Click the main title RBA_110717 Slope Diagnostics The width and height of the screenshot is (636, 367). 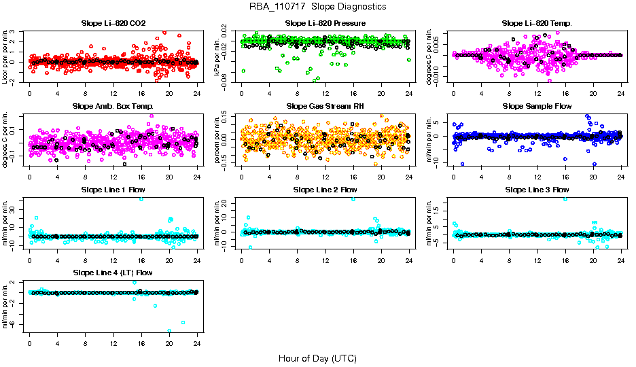tap(318, 7)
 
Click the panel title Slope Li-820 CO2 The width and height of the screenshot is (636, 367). tap(113, 23)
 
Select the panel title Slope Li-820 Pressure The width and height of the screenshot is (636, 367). tap(325, 23)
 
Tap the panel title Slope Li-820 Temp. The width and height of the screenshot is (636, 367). tap(537, 23)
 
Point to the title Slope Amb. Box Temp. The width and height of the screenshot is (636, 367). tap(113, 107)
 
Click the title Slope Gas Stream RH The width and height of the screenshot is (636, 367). tap(325, 107)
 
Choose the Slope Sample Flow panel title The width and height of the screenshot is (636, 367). tap(537, 107)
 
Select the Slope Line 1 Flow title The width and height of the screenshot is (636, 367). tap(113, 190)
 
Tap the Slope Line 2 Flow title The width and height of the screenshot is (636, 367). tap(325, 190)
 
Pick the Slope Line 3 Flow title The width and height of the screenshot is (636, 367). tap(537, 190)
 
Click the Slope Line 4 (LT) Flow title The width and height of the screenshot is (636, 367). tap(113, 273)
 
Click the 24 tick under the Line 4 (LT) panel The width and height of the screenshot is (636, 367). tap(197, 344)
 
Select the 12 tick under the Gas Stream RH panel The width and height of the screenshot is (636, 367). tap(325, 177)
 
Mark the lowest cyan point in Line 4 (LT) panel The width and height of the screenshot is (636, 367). tap(169, 331)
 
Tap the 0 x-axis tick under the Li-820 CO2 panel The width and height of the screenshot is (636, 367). tap(30, 94)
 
